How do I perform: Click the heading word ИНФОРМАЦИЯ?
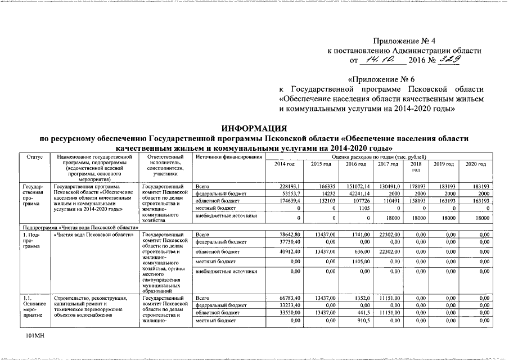tap(254, 128)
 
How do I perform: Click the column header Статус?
tap(35, 156)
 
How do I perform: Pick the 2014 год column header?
tap(284, 164)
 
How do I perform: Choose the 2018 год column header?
tap(416, 166)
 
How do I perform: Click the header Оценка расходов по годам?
tap(379, 156)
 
